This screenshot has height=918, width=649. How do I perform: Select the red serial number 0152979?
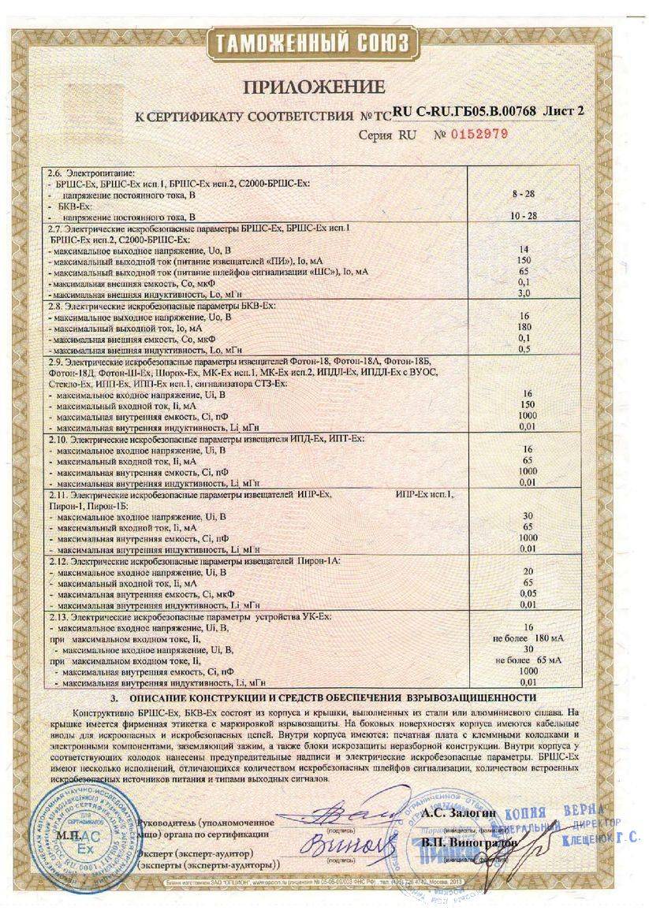click(479, 134)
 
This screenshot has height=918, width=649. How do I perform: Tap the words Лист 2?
click(564, 112)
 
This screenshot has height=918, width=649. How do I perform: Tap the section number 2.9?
click(56, 360)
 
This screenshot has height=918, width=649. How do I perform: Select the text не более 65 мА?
click(529, 660)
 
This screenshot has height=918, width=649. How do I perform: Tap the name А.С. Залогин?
click(449, 812)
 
